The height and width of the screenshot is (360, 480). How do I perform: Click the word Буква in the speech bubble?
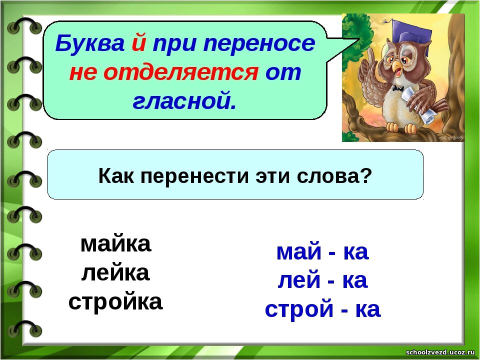tap(90, 43)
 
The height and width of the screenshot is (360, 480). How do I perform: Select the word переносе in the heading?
tap(259, 43)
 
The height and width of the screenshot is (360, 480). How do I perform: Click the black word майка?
tap(115, 243)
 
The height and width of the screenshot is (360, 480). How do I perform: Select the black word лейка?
tap(115, 273)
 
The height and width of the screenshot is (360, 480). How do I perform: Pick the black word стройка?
tap(115, 302)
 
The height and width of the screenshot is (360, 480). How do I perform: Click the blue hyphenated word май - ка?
tap(322, 251)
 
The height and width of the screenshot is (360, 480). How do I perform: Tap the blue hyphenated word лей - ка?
tap(322, 280)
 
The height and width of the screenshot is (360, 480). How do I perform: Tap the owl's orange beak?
tap(396, 65)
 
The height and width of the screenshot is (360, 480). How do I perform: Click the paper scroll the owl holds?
tap(419, 105)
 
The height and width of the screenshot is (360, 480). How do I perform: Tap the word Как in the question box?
tap(116, 176)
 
